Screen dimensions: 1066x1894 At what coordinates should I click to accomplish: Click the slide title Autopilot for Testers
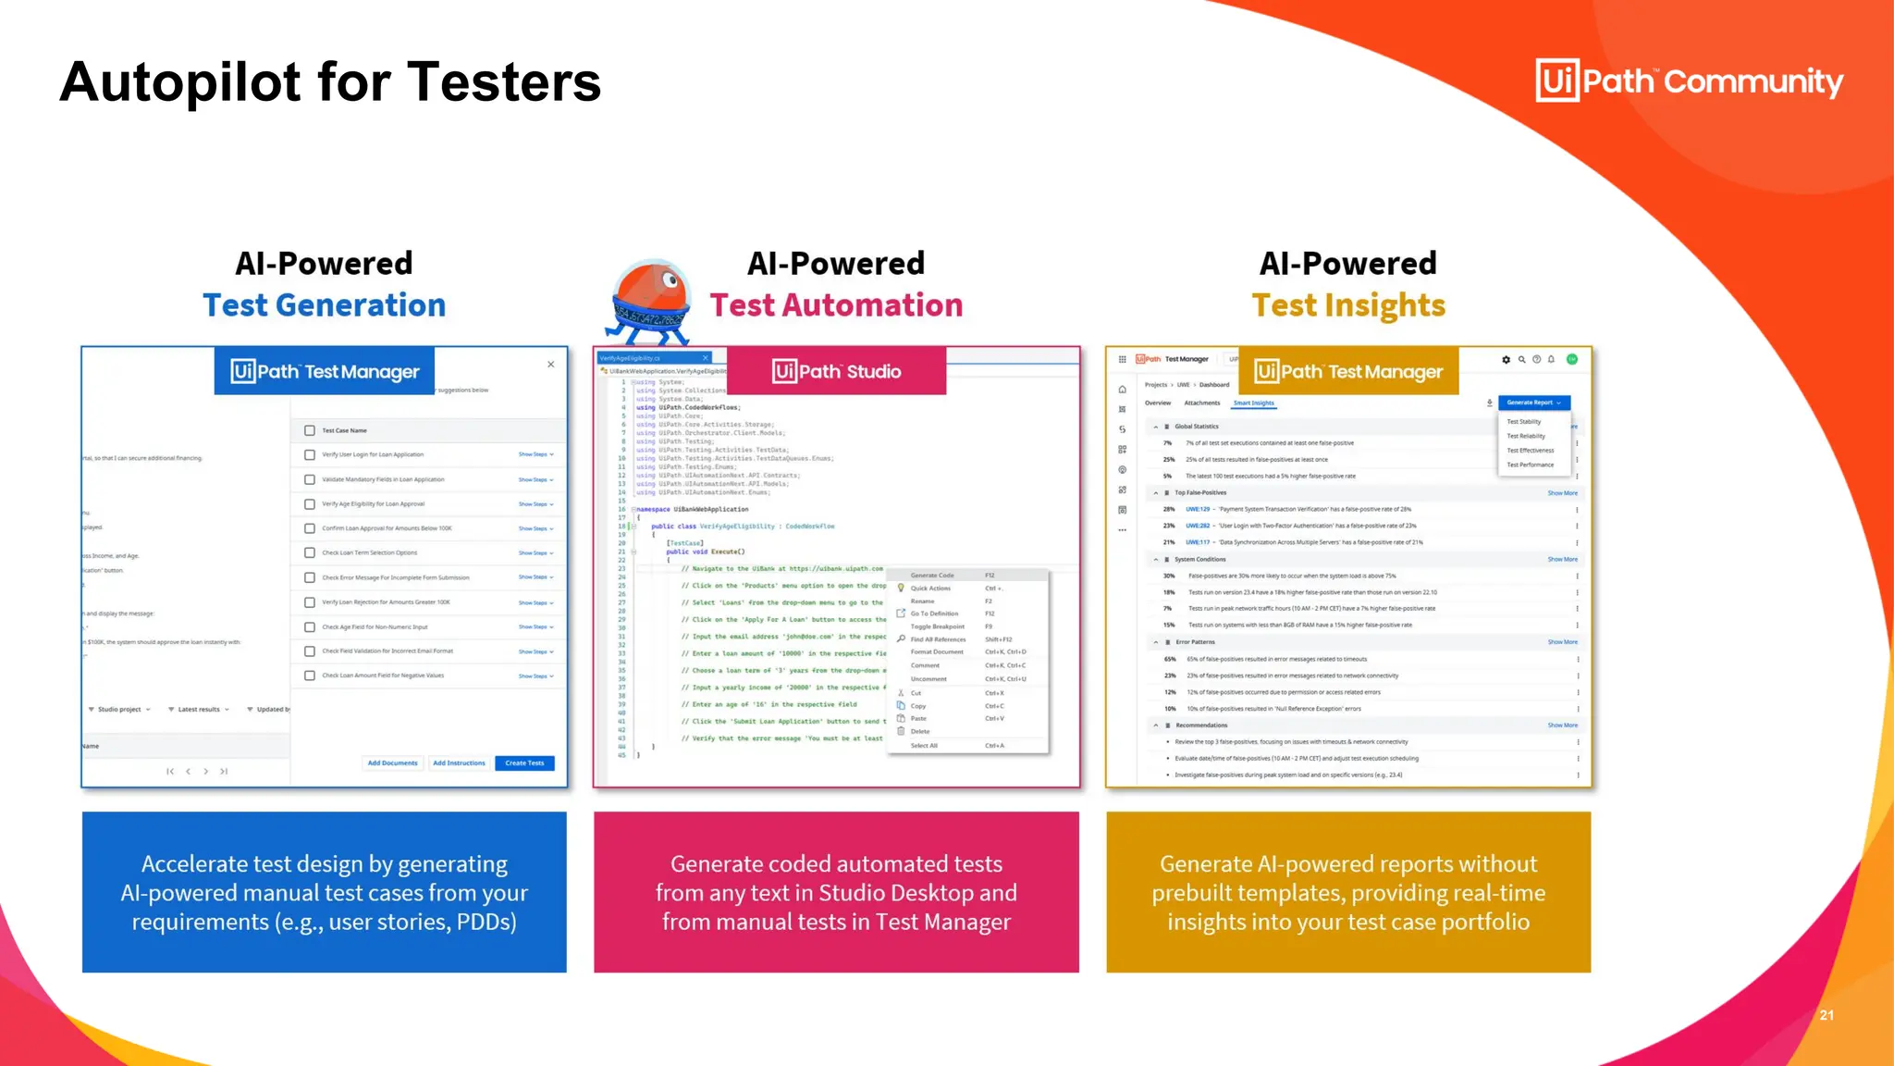[x=330, y=82]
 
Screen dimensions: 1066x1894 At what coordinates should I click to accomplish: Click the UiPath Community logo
[x=1689, y=81]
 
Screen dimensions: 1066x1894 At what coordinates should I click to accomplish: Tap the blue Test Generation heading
[x=324, y=305]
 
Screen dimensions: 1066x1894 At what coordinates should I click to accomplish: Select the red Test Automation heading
[x=836, y=305]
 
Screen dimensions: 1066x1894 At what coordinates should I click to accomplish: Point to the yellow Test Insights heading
[x=1348, y=305]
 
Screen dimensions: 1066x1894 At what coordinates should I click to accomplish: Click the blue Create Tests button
[x=524, y=763]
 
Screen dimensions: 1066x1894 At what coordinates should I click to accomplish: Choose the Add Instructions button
[x=459, y=763]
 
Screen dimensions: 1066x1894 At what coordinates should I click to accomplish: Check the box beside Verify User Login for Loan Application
[x=310, y=455]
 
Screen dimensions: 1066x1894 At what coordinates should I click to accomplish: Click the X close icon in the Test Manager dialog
[x=551, y=365]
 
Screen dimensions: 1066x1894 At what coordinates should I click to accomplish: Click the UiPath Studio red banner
[x=836, y=371]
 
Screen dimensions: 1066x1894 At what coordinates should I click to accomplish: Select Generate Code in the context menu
[x=932, y=576]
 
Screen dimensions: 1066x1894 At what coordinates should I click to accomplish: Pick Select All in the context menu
[x=924, y=746]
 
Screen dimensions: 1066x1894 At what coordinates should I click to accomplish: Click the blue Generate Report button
[x=1532, y=403]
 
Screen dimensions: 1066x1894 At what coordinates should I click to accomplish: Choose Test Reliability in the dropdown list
[x=1526, y=436]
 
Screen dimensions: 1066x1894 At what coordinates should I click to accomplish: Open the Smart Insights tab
[x=1253, y=403]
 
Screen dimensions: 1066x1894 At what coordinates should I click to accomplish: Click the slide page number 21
[x=1826, y=1015]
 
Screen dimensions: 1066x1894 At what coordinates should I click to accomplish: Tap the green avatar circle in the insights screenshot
[x=1572, y=359]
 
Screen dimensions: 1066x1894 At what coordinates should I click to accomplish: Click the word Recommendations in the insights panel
[x=1201, y=725]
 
